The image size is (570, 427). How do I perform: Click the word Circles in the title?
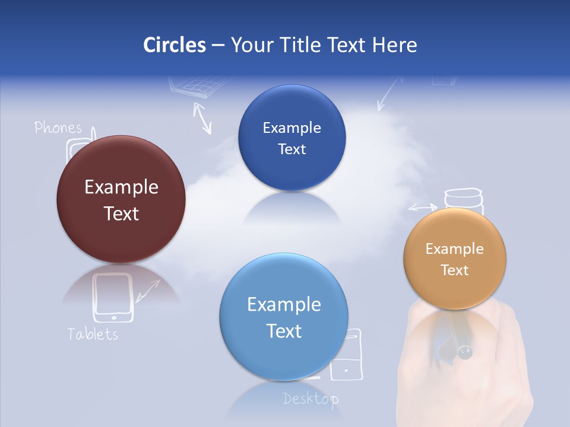(x=174, y=45)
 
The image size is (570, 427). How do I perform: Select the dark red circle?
(x=121, y=199)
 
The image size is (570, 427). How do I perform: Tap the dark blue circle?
(x=292, y=138)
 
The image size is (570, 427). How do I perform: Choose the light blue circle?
(x=284, y=317)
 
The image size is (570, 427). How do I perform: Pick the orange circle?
(x=455, y=259)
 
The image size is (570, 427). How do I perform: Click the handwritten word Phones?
(x=58, y=128)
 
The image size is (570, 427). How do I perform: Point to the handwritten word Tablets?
(x=93, y=334)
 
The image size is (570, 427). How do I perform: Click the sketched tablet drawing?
(x=113, y=297)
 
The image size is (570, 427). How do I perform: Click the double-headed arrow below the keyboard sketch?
(x=202, y=117)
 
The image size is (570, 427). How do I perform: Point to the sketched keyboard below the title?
(x=192, y=87)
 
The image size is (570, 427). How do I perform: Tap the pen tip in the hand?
(x=464, y=353)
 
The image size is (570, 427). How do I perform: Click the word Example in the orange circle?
(x=455, y=249)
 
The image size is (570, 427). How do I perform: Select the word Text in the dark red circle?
(x=121, y=213)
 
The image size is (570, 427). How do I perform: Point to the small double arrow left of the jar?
(x=422, y=208)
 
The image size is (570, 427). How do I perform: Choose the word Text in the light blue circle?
(x=284, y=331)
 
